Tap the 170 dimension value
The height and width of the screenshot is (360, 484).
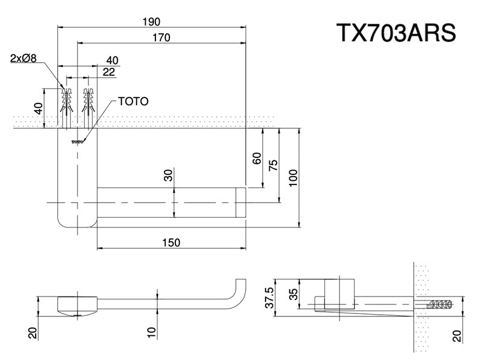point(162,38)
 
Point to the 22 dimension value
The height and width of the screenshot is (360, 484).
point(109,72)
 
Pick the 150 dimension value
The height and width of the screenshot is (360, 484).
point(171,242)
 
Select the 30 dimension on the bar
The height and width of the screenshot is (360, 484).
point(168,175)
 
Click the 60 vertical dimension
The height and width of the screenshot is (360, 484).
point(257,159)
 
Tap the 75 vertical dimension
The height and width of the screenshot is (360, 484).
point(273,166)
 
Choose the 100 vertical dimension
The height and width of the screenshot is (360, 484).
point(293,178)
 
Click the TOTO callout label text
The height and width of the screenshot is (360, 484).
point(132,102)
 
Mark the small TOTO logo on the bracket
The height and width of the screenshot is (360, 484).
point(77,142)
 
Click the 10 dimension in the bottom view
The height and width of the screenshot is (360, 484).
point(152,331)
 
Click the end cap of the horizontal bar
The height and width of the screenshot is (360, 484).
point(241,203)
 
